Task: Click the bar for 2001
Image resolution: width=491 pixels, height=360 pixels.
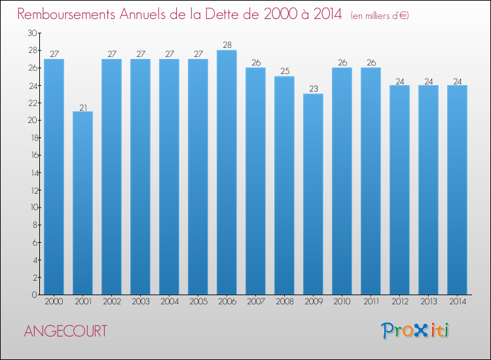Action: pyautogui.click(x=82, y=203)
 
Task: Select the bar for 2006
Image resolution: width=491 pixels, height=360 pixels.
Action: pyautogui.click(x=227, y=172)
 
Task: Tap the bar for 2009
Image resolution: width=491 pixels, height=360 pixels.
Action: pyautogui.click(x=313, y=194)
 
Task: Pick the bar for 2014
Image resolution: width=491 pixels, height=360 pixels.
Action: pyautogui.click(x=457, y=190)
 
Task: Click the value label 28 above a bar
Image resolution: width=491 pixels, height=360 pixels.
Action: pyautogui.click(x=227, y=45)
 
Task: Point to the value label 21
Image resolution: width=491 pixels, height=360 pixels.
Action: pyautogui.click(x=82, y=107)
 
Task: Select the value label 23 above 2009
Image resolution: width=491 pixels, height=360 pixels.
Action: pyautogui.click(x=313, y=89)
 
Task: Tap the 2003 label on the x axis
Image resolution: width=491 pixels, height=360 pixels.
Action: pyautogui.click(x=140, y=302)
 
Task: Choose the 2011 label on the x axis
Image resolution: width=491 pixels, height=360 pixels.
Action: pyautogui.click(x=371, y=302)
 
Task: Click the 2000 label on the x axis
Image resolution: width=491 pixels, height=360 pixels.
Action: pyautogui.click(x=54, y=302)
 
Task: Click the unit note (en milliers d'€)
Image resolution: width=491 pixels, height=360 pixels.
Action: pyautogui.click(x=380, y=15)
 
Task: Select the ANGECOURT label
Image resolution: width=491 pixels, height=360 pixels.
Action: pyautogui.click(x=65, y=331)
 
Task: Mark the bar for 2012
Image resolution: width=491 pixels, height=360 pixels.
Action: pyautogui.click(x=399, y=190)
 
